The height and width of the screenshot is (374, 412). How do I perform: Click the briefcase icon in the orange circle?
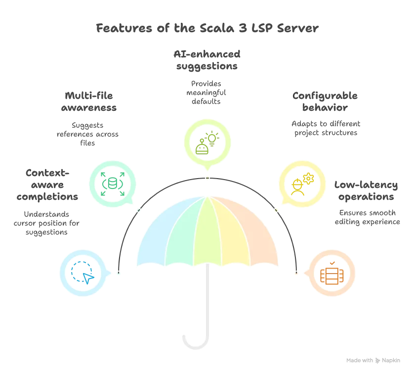331,273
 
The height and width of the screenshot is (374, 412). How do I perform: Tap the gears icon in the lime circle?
207,142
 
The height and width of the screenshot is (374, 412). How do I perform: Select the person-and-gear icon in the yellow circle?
302,183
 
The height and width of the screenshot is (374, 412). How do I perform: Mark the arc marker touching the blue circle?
118,273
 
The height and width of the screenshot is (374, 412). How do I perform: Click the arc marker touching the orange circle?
296,273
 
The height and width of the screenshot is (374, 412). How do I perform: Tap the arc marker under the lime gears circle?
207,178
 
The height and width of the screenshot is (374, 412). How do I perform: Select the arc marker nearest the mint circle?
138,210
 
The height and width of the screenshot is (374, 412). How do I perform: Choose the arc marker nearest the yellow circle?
276,210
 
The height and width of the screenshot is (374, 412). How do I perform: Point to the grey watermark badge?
373,360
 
